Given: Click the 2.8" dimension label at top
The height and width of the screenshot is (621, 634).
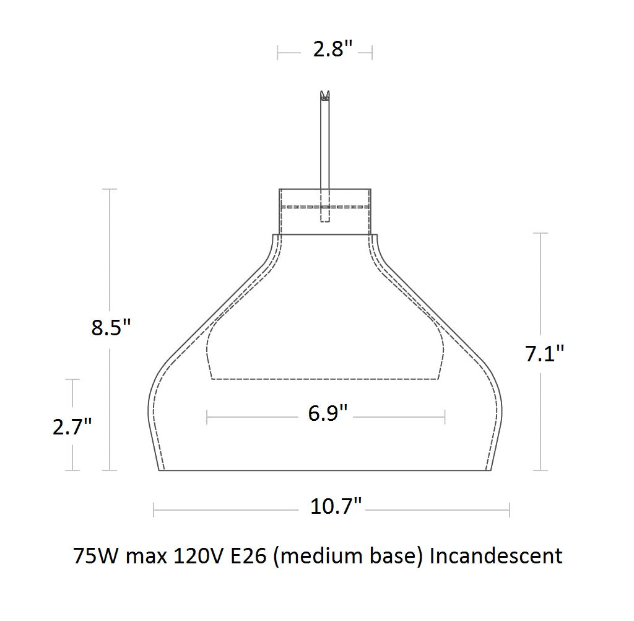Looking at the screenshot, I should click(332, 50).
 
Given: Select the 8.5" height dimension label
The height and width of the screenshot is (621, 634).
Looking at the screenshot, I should click(111, 327).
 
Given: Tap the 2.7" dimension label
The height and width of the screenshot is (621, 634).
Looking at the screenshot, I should click(72, 426).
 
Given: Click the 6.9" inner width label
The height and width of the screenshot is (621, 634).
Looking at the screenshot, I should click(328, 413).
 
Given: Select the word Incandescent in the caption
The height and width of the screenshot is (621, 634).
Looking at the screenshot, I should click(496, 555).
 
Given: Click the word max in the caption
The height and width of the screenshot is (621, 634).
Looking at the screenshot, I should click(145, 555).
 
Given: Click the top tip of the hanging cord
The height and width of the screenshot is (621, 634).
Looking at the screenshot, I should click(324, 94).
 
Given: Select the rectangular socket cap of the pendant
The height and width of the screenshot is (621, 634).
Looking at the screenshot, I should click(325, 211).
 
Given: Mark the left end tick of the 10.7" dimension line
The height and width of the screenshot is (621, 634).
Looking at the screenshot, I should click(154, 509).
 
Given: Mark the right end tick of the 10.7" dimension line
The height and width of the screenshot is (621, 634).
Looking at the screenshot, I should click(509, 509).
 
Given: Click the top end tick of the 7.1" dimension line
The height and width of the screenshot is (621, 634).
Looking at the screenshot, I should click(541, 234).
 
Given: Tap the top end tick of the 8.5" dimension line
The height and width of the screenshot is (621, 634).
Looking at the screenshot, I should click(110, 189).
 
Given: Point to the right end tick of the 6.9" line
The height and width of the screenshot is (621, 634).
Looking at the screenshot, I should click(445, 417).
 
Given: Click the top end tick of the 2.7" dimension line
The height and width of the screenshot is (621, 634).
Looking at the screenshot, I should click(73, 379).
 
